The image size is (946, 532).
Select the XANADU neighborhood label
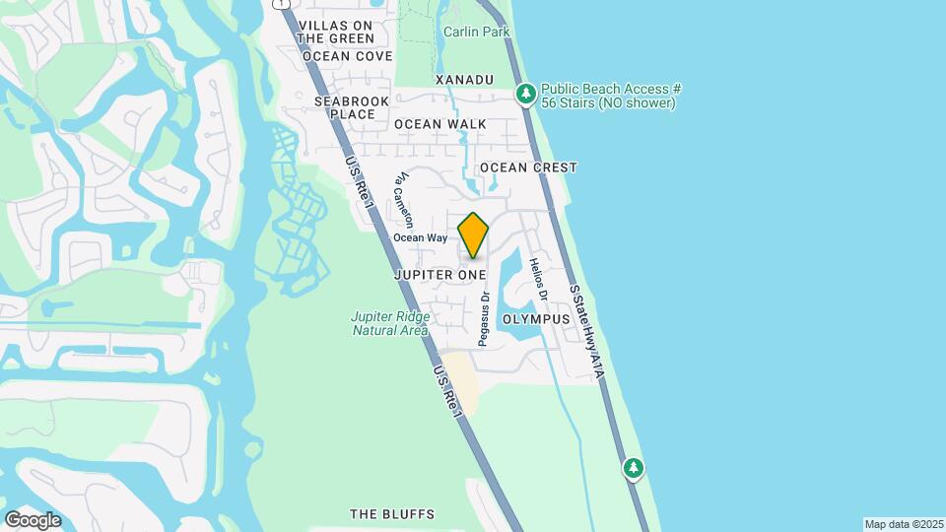pos(463,79)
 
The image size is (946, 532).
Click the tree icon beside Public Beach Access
pos(526,94)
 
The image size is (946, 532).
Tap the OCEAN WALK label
pos(440,124)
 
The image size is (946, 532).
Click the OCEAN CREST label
pos(528,167)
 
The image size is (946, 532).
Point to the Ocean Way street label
pos(421,237)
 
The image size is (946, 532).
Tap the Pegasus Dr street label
pos(485,317)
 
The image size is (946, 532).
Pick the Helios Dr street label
pos(537,280)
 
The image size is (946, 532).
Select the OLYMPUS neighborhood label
pos(536,320)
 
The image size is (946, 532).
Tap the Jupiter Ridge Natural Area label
pos(390,323)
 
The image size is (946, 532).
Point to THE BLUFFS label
pos(392,514)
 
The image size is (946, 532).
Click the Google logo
pos(33,519)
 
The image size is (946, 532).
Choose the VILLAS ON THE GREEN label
pos(335,32)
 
